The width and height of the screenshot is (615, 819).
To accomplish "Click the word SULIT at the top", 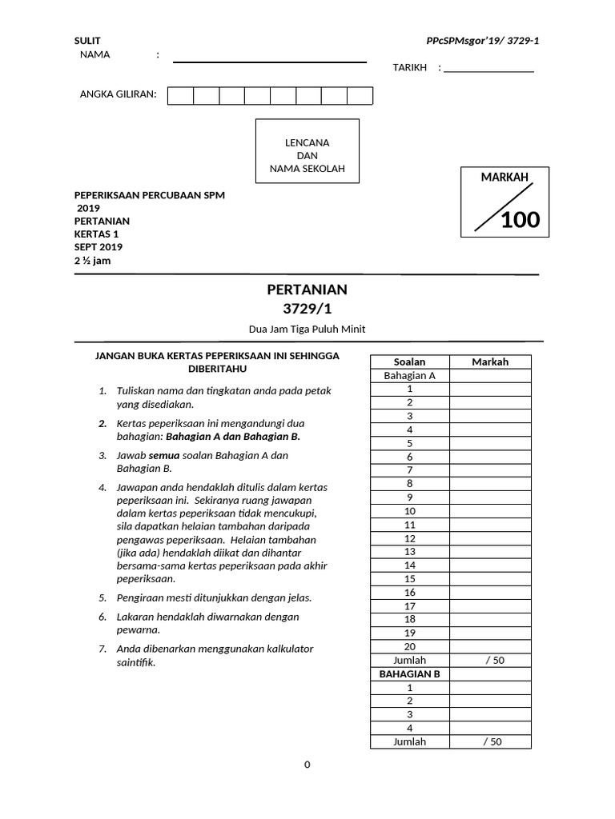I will click(x=87, y=40).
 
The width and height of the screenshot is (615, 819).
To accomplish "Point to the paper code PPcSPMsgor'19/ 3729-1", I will click(x=483, y=40).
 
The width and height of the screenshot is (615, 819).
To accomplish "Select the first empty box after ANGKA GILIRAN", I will click(x=181, y=96).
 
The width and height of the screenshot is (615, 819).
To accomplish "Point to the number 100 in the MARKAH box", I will click(x=520, y=220).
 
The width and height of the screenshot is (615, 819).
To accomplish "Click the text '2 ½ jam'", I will click(x=93, y=260).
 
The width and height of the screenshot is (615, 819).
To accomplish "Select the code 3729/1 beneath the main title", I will click(x=307, y=308).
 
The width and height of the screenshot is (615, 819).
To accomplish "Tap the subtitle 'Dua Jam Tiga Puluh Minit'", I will click(x=307, y=329).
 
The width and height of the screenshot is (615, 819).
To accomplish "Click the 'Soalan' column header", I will click(x=409, y=362).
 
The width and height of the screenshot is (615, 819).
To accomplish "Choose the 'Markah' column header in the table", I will click(x=490, y=362).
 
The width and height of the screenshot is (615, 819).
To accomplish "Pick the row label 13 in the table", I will click(x=409, y=552).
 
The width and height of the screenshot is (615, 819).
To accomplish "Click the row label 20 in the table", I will click(x=409, y=646).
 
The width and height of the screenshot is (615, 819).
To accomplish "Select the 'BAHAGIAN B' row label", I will click(x=409, y=673).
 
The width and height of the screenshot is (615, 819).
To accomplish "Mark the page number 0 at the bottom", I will click(x=307, y=765).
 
